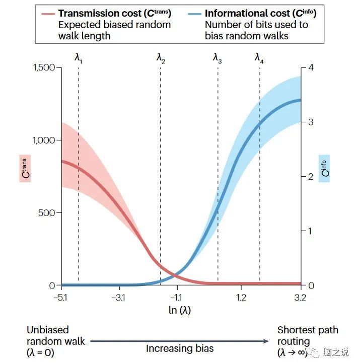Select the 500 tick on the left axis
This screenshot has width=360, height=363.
(48, 212)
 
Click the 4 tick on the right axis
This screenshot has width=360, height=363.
(311, 67)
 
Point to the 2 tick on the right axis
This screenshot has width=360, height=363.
(311, 176)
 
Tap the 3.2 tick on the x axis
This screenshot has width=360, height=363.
(301, 298)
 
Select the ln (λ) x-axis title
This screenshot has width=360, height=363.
(180, 310)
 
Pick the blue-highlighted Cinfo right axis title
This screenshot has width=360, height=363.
(325, 168)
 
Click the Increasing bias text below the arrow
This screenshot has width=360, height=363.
(180, 348)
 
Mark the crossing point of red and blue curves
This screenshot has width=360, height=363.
(173, 274)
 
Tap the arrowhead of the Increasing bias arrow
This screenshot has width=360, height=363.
(267, 341)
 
